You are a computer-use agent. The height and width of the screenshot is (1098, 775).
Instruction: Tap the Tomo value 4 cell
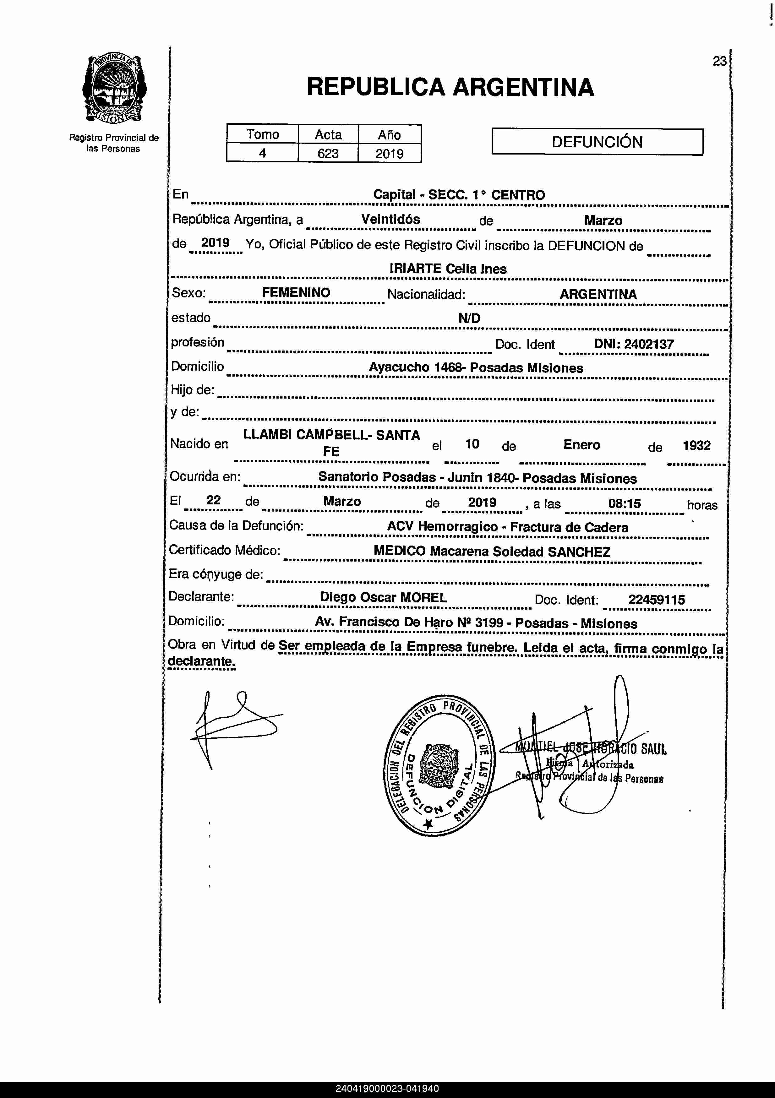click(262, 154)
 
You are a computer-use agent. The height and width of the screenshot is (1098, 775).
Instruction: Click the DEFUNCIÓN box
click(597, 142)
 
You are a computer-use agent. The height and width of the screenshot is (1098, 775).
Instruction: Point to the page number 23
click(719, 61)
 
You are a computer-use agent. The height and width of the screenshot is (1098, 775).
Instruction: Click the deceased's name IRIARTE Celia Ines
click(448, 269)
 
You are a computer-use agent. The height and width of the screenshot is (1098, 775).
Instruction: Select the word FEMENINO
click(296, 293)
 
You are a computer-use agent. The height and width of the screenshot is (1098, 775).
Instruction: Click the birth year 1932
click(696, 446)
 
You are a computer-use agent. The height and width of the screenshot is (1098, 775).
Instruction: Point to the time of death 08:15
click(624, 503)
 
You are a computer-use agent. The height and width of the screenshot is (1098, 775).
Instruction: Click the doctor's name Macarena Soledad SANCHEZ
click(520, 552)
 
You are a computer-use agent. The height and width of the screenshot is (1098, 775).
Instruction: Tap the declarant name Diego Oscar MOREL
click(383, 597)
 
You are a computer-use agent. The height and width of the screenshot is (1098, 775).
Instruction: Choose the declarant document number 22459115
click(656, 600)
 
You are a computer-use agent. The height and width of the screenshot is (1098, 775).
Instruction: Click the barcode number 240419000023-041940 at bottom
click(387, 1089)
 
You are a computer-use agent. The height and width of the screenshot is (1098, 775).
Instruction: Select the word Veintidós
click(390, 220)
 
